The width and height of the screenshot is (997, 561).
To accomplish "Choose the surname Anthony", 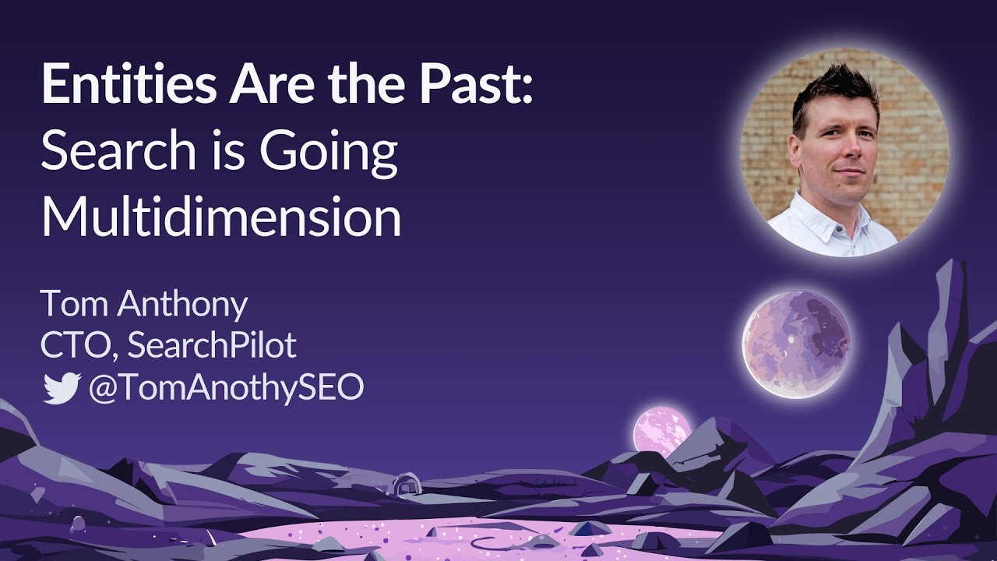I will tap(182, 305).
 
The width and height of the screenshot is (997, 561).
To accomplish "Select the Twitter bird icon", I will tap(62, 387).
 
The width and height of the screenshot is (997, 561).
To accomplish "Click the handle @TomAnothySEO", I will tap(226, 387).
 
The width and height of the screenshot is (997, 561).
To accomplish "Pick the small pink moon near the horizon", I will tap(661, 429).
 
